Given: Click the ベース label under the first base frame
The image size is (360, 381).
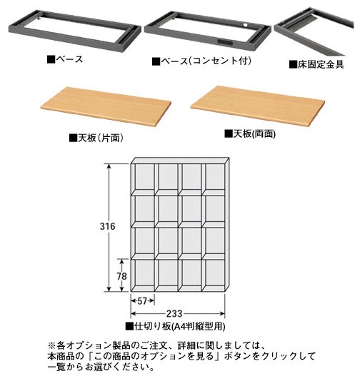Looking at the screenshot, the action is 69,59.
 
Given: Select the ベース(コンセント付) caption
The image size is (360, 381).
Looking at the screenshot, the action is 206,61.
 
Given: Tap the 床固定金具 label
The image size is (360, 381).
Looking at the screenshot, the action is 321,64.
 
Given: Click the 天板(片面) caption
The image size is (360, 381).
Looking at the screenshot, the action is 101,138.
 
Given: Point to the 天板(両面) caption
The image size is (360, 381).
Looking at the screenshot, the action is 254,133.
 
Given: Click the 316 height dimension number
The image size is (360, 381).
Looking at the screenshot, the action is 108,226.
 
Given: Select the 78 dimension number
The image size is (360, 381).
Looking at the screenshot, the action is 121,276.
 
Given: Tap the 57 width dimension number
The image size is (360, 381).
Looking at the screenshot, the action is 142,301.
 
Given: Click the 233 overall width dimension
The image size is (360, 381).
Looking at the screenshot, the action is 174,314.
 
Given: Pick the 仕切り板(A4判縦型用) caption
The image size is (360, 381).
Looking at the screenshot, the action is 179,326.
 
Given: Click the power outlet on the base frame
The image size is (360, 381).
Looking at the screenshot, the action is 225,42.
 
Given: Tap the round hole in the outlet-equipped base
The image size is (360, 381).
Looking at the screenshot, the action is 246,25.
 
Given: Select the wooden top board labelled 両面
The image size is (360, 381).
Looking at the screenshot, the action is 257,105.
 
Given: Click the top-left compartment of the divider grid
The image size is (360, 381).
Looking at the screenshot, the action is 144,177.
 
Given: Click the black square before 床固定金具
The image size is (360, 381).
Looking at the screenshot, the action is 293,65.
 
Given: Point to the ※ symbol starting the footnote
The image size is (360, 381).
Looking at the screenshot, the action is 51,345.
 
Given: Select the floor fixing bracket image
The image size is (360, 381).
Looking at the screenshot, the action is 314,31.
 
